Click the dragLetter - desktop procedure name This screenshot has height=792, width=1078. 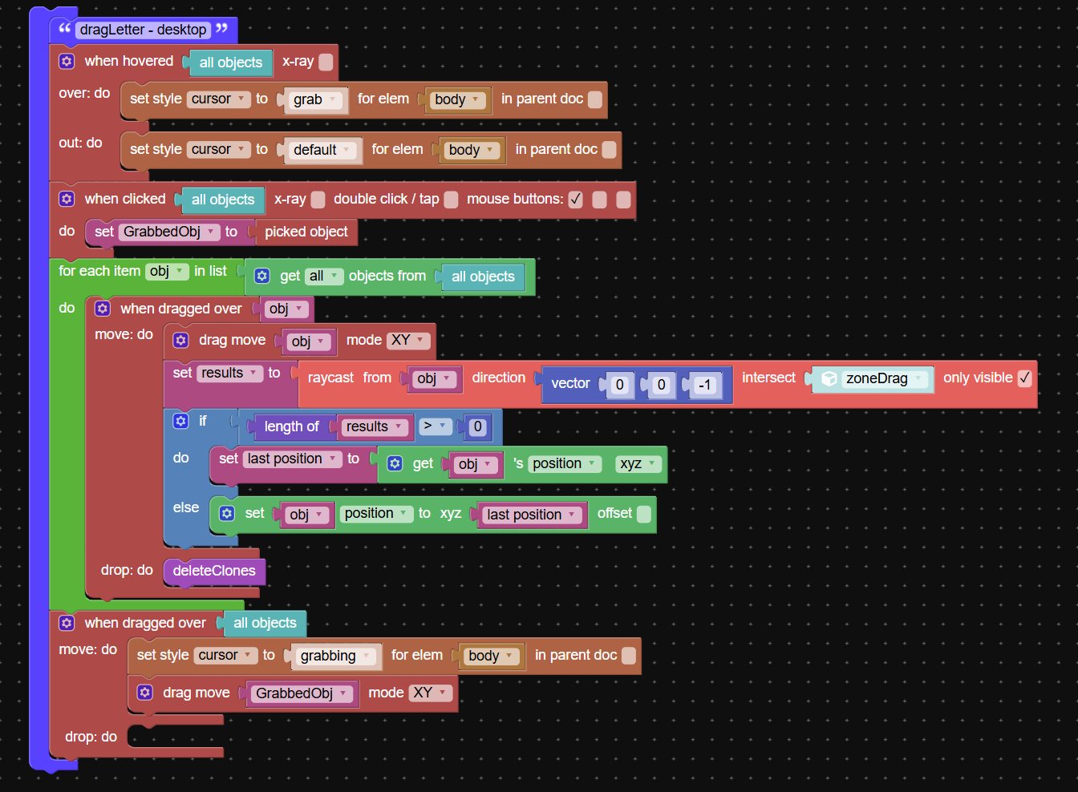(x=143, y=30)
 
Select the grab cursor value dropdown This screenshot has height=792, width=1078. (x=314, y=99)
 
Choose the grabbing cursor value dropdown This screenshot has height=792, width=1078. (x=334, y=656)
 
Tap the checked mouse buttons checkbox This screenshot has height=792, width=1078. (x=575, y=200)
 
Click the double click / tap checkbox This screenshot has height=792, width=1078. (x=452, y=200)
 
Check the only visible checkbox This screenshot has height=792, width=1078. (x=1024, y=378)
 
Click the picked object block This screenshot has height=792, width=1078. (x=306, y=232)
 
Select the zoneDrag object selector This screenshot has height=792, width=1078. (x=876, y=378)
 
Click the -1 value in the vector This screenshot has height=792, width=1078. (x=704, y=385)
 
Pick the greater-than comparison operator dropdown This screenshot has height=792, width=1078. (x=433, y=426)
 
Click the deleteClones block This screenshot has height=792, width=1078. (x=214, y=571)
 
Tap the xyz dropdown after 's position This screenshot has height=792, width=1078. (x=638, y=463)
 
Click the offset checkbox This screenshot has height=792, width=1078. (x=644, y=514)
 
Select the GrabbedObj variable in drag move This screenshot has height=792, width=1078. (x=300, y=693)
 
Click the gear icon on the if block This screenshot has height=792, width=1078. (x=181, y=421)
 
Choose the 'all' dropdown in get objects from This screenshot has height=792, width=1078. (x=323, y=276)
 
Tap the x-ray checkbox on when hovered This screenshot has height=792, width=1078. (x=326, y=62)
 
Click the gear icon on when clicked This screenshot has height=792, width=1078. (x=67, y=199)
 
